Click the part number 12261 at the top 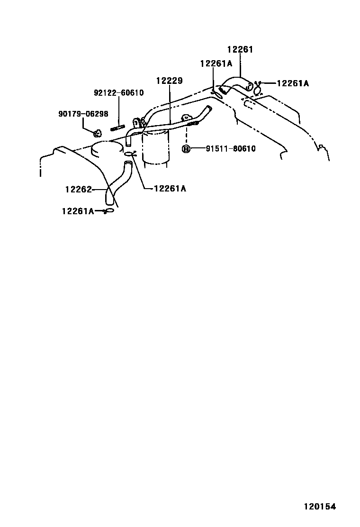[x=240, y=49]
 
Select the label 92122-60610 [x=118, y=93]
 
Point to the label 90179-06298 [x=83, y=114]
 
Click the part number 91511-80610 [x=231, y=149]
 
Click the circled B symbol [x=187, y=149]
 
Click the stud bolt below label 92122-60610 [x=117, y=127]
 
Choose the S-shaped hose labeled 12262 [x=115, y=185]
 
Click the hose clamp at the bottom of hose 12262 [x=109, y=210]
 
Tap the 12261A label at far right [x=292, y=83]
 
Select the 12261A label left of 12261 [x=216, y=64]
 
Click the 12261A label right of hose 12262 [x=170, y=189]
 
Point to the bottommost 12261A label [x=78, y=211]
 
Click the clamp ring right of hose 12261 [x=258, y=89]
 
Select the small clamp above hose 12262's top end [x=131, y=154]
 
